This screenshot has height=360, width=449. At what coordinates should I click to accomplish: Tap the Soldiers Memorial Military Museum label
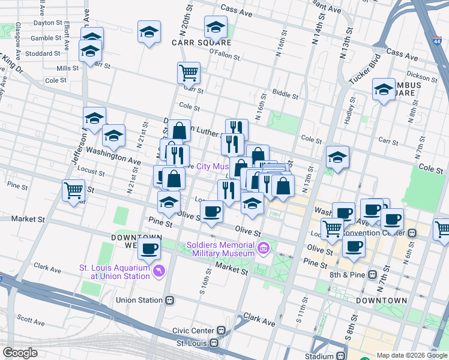(x=221, y=248)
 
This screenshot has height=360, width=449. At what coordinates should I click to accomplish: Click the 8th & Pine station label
(x=348, y=275)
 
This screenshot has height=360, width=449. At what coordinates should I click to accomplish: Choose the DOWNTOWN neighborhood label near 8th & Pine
(x=381, y=300)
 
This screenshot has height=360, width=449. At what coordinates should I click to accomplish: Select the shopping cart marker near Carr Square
(x=188, y=73)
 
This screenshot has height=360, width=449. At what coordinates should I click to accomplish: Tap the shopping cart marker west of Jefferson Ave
(x=73, y=191)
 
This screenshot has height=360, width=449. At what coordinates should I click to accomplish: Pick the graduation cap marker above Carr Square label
(x=215, y=27)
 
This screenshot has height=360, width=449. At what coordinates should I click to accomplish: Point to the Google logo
(x=20, y=353)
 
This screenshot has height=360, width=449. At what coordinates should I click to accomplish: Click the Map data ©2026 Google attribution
(x=411, y=355)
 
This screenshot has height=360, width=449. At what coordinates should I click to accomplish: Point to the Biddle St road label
(x=286, y=95)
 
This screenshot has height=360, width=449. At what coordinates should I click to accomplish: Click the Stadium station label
(x=319, y=356)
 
